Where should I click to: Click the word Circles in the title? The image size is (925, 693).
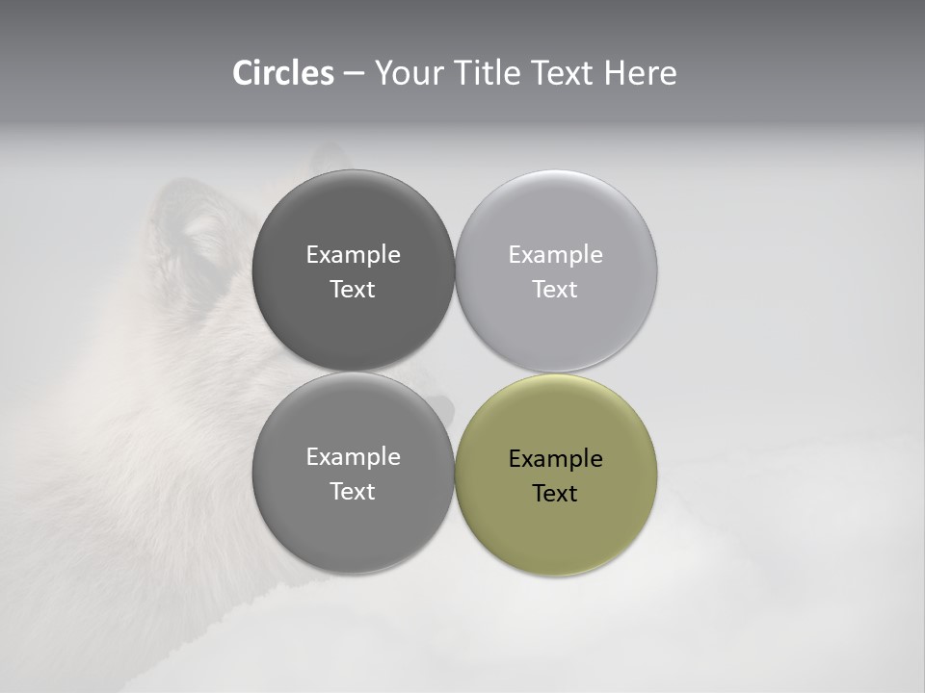pos(282,73)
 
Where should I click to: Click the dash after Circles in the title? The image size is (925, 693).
pos(354,74)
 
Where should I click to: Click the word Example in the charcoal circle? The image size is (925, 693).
pos(353,254)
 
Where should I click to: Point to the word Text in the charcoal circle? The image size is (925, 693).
pos(353,289)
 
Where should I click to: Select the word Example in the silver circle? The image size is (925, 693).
pos(555,254)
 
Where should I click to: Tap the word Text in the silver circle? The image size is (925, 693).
pos(555,289)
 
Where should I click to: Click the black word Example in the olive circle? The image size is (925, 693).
pos(555,458)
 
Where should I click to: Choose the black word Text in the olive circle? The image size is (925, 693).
pos(555,493)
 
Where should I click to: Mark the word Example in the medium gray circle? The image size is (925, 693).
pos(353,456)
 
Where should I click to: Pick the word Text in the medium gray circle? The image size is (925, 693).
pos(353,491)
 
